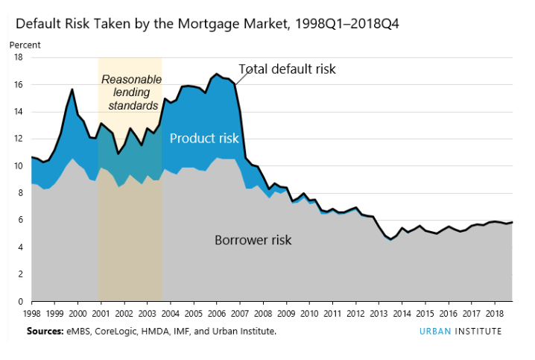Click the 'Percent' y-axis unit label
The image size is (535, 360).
[x=25, y=45]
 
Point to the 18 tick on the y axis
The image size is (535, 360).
[x=17, y=57]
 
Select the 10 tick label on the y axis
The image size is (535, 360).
[x=17, y=166]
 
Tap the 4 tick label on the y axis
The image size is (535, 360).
[x=19, y=247]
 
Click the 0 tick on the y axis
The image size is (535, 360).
[x=19, y=302]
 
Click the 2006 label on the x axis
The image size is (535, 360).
[x=217, y=315]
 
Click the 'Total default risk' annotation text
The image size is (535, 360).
[x=287, y=69]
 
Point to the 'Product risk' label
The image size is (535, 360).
[x=203, y=138]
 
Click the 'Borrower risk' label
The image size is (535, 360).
[x=253, y=240]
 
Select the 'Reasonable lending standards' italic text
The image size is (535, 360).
[x=130, y=92]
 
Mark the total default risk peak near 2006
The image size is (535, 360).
[x=216, y=74]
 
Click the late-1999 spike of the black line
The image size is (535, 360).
[x=72, y=89]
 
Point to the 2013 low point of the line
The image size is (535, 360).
[x=391, y=239]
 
